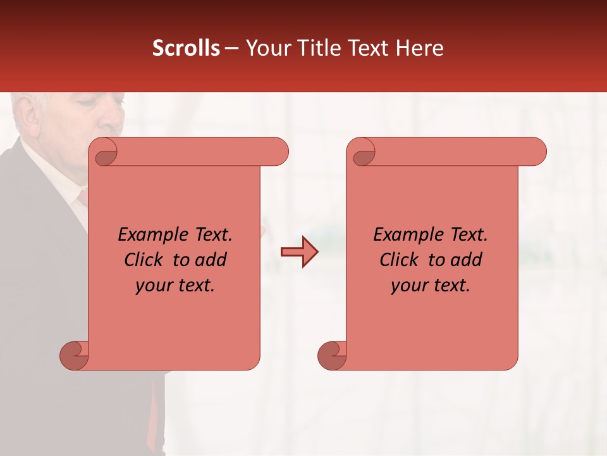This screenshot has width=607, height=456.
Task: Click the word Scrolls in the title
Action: (186, 48)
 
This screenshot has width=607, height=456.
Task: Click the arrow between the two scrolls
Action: (299, 252)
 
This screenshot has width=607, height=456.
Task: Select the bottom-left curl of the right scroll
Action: (332, 355)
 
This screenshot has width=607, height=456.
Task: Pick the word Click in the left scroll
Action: (145, 260)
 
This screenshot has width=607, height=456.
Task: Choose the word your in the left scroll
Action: (152, 286)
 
